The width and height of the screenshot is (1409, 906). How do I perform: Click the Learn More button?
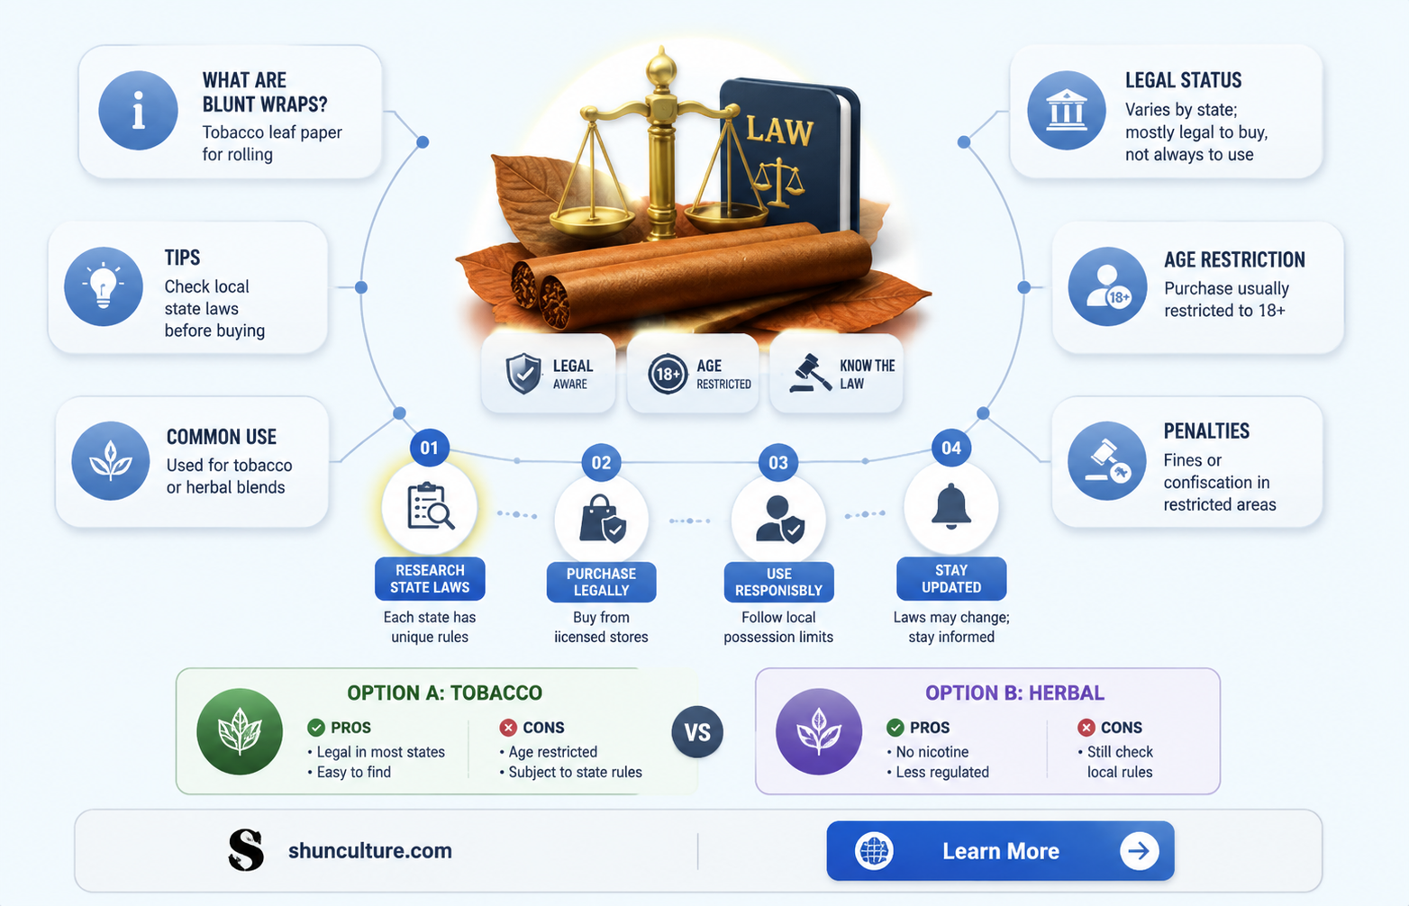tap(1000, 851)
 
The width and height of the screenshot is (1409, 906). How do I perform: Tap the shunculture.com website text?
tap(370, 851)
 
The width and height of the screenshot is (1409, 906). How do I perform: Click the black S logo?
tap(246, 850)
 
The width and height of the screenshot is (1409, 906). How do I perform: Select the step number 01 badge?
tap(429, 448)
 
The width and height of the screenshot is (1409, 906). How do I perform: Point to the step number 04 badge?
tap(951, 448)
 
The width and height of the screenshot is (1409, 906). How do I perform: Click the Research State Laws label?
tap(430, 578)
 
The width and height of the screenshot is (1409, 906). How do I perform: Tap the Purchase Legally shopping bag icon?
tap(602, 519)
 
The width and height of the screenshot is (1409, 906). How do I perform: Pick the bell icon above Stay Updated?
tap(951, 506)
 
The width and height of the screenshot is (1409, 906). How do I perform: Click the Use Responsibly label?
tap(778, 582)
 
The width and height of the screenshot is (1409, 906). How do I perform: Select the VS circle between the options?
tap(697, 732)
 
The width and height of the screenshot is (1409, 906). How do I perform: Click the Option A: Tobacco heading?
tap(445, 693)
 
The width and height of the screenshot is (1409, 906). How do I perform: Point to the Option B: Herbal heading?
tap(1014, 693)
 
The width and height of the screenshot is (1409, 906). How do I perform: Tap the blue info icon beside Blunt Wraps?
tap(138, 110)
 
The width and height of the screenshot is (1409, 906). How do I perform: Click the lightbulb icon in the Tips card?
tap(104, 286)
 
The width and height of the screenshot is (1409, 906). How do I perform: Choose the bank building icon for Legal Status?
tap(1066, 110)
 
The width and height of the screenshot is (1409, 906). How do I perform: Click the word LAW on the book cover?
tap(779, 131)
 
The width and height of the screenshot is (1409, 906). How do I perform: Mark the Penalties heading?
tap(1206, 430)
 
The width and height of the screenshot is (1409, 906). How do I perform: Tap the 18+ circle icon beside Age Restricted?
tap(668, 374)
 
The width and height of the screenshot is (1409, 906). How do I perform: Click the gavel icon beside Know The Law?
tap(810, 373)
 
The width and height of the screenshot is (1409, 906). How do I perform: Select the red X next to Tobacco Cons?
tap(507, 728)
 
